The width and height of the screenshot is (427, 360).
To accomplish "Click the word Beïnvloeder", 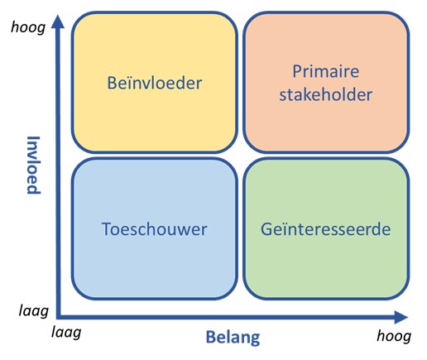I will [155, 83].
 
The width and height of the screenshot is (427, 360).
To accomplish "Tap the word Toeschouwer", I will [155, 229].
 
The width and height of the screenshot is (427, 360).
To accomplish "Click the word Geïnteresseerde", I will [326, 229].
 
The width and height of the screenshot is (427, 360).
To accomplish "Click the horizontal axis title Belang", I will [233, 337].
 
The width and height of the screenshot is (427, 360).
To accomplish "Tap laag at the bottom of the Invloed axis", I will [31, 310].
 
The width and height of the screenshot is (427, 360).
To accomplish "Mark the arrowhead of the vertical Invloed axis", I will [57, 22].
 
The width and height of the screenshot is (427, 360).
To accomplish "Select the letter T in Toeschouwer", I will [107, 229].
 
